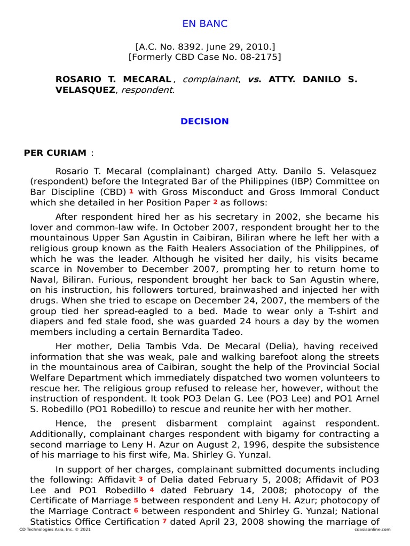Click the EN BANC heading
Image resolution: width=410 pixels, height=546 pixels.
point(204,23)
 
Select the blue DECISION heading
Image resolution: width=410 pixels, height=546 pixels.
point(204,121)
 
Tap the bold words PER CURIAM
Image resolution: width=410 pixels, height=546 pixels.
point(55,153)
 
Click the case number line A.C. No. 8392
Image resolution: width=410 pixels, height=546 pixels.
point(204,47)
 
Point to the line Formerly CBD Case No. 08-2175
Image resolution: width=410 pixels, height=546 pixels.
point(204,57)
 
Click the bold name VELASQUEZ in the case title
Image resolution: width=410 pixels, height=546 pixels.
point(85,90)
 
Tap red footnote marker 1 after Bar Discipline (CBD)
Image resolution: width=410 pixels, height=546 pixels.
point(131,191)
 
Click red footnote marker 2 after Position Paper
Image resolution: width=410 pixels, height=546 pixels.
point(215,202)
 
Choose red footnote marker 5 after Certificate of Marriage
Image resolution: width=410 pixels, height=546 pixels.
point(136,500)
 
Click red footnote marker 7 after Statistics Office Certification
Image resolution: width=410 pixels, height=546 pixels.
point(164,521)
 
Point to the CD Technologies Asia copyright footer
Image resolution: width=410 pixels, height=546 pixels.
point(48,529)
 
